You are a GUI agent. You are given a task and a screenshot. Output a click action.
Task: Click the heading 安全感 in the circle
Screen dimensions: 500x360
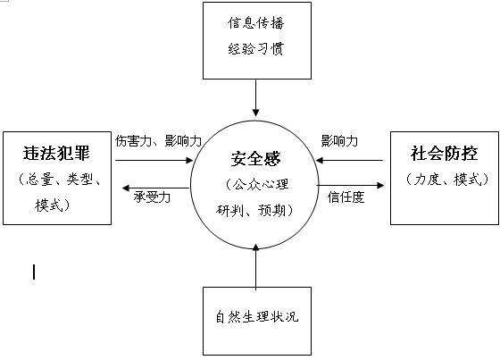(x=255, y=159)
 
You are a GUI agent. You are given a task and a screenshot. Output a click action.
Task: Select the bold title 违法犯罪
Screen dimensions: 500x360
(x=56, y=153)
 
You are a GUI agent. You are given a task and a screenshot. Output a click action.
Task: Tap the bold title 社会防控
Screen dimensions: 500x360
(x=445, y=153)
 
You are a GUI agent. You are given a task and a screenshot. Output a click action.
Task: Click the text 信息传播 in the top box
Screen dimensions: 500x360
(x=255, y=23)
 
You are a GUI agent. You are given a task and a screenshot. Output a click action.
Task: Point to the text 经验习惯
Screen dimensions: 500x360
(x=255, y=49)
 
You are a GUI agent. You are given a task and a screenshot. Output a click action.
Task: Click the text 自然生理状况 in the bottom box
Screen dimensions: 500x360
(x=257, y=316)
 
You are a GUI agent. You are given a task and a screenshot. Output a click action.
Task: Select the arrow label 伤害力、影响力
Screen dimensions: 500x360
(x=158, y=140)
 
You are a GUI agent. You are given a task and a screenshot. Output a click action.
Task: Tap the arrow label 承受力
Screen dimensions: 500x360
(x=152, y=197)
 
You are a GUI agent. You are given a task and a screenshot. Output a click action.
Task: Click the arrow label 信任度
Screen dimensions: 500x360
(x=346, y=197)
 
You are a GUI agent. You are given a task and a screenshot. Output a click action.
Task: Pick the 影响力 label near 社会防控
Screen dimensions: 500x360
(x=339, y=140)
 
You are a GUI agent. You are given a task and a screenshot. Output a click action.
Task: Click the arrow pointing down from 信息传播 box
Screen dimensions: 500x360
(x=255, y=97)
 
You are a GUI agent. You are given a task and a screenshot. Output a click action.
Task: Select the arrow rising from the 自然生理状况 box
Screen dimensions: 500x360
(x=255, y=267)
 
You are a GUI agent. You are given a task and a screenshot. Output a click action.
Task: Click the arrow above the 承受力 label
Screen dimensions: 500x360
(x=156, y=188)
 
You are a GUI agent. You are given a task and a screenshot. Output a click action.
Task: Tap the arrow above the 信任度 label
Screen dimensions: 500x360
(x=350, y=185)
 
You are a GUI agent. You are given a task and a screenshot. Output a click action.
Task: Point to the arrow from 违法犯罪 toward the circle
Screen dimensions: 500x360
(x=154, y=160)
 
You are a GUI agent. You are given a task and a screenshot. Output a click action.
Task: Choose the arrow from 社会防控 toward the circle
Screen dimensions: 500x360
(x=349, y=160)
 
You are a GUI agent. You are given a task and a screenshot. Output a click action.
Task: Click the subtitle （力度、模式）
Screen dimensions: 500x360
(x=447, y=179)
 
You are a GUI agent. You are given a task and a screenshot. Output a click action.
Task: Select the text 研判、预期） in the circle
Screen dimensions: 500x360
(x=254, y=210)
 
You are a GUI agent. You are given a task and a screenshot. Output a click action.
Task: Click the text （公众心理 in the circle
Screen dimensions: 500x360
(x=257, y=185)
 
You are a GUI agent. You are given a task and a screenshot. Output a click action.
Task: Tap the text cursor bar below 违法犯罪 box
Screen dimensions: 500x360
(x=34, y=272)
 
